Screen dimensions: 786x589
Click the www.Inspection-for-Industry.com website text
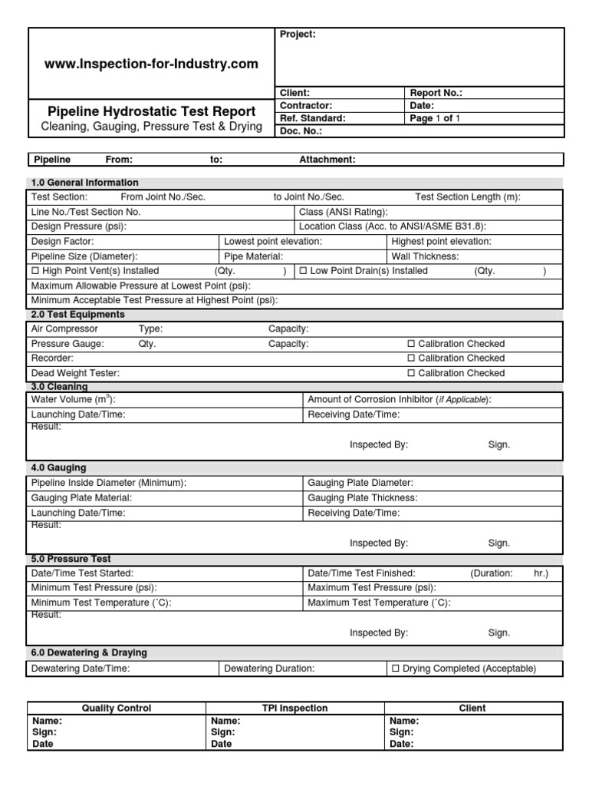pos(151,64)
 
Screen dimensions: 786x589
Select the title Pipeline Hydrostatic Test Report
pos(151,112)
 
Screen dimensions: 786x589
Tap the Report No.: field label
pos(436,93)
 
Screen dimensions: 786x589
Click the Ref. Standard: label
pos(313,118)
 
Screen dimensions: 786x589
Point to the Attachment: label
pos(327,160)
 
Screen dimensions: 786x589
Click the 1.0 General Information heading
pos(84,183)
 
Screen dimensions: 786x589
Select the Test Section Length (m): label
pos(467,197)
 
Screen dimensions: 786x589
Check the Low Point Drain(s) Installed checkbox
pos(303,271)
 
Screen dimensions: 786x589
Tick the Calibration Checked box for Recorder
pos(411,358)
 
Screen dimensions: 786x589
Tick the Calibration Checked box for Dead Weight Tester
pos(411,373)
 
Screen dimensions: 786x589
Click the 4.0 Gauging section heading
pos(58,467)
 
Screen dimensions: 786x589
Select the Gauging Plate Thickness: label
pos(362,497)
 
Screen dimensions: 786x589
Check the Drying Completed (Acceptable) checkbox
pos(396,669)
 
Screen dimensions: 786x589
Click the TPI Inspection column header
pos(294,708)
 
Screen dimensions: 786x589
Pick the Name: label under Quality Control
pos(47,722)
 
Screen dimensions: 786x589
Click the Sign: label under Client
pos(403,733)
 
